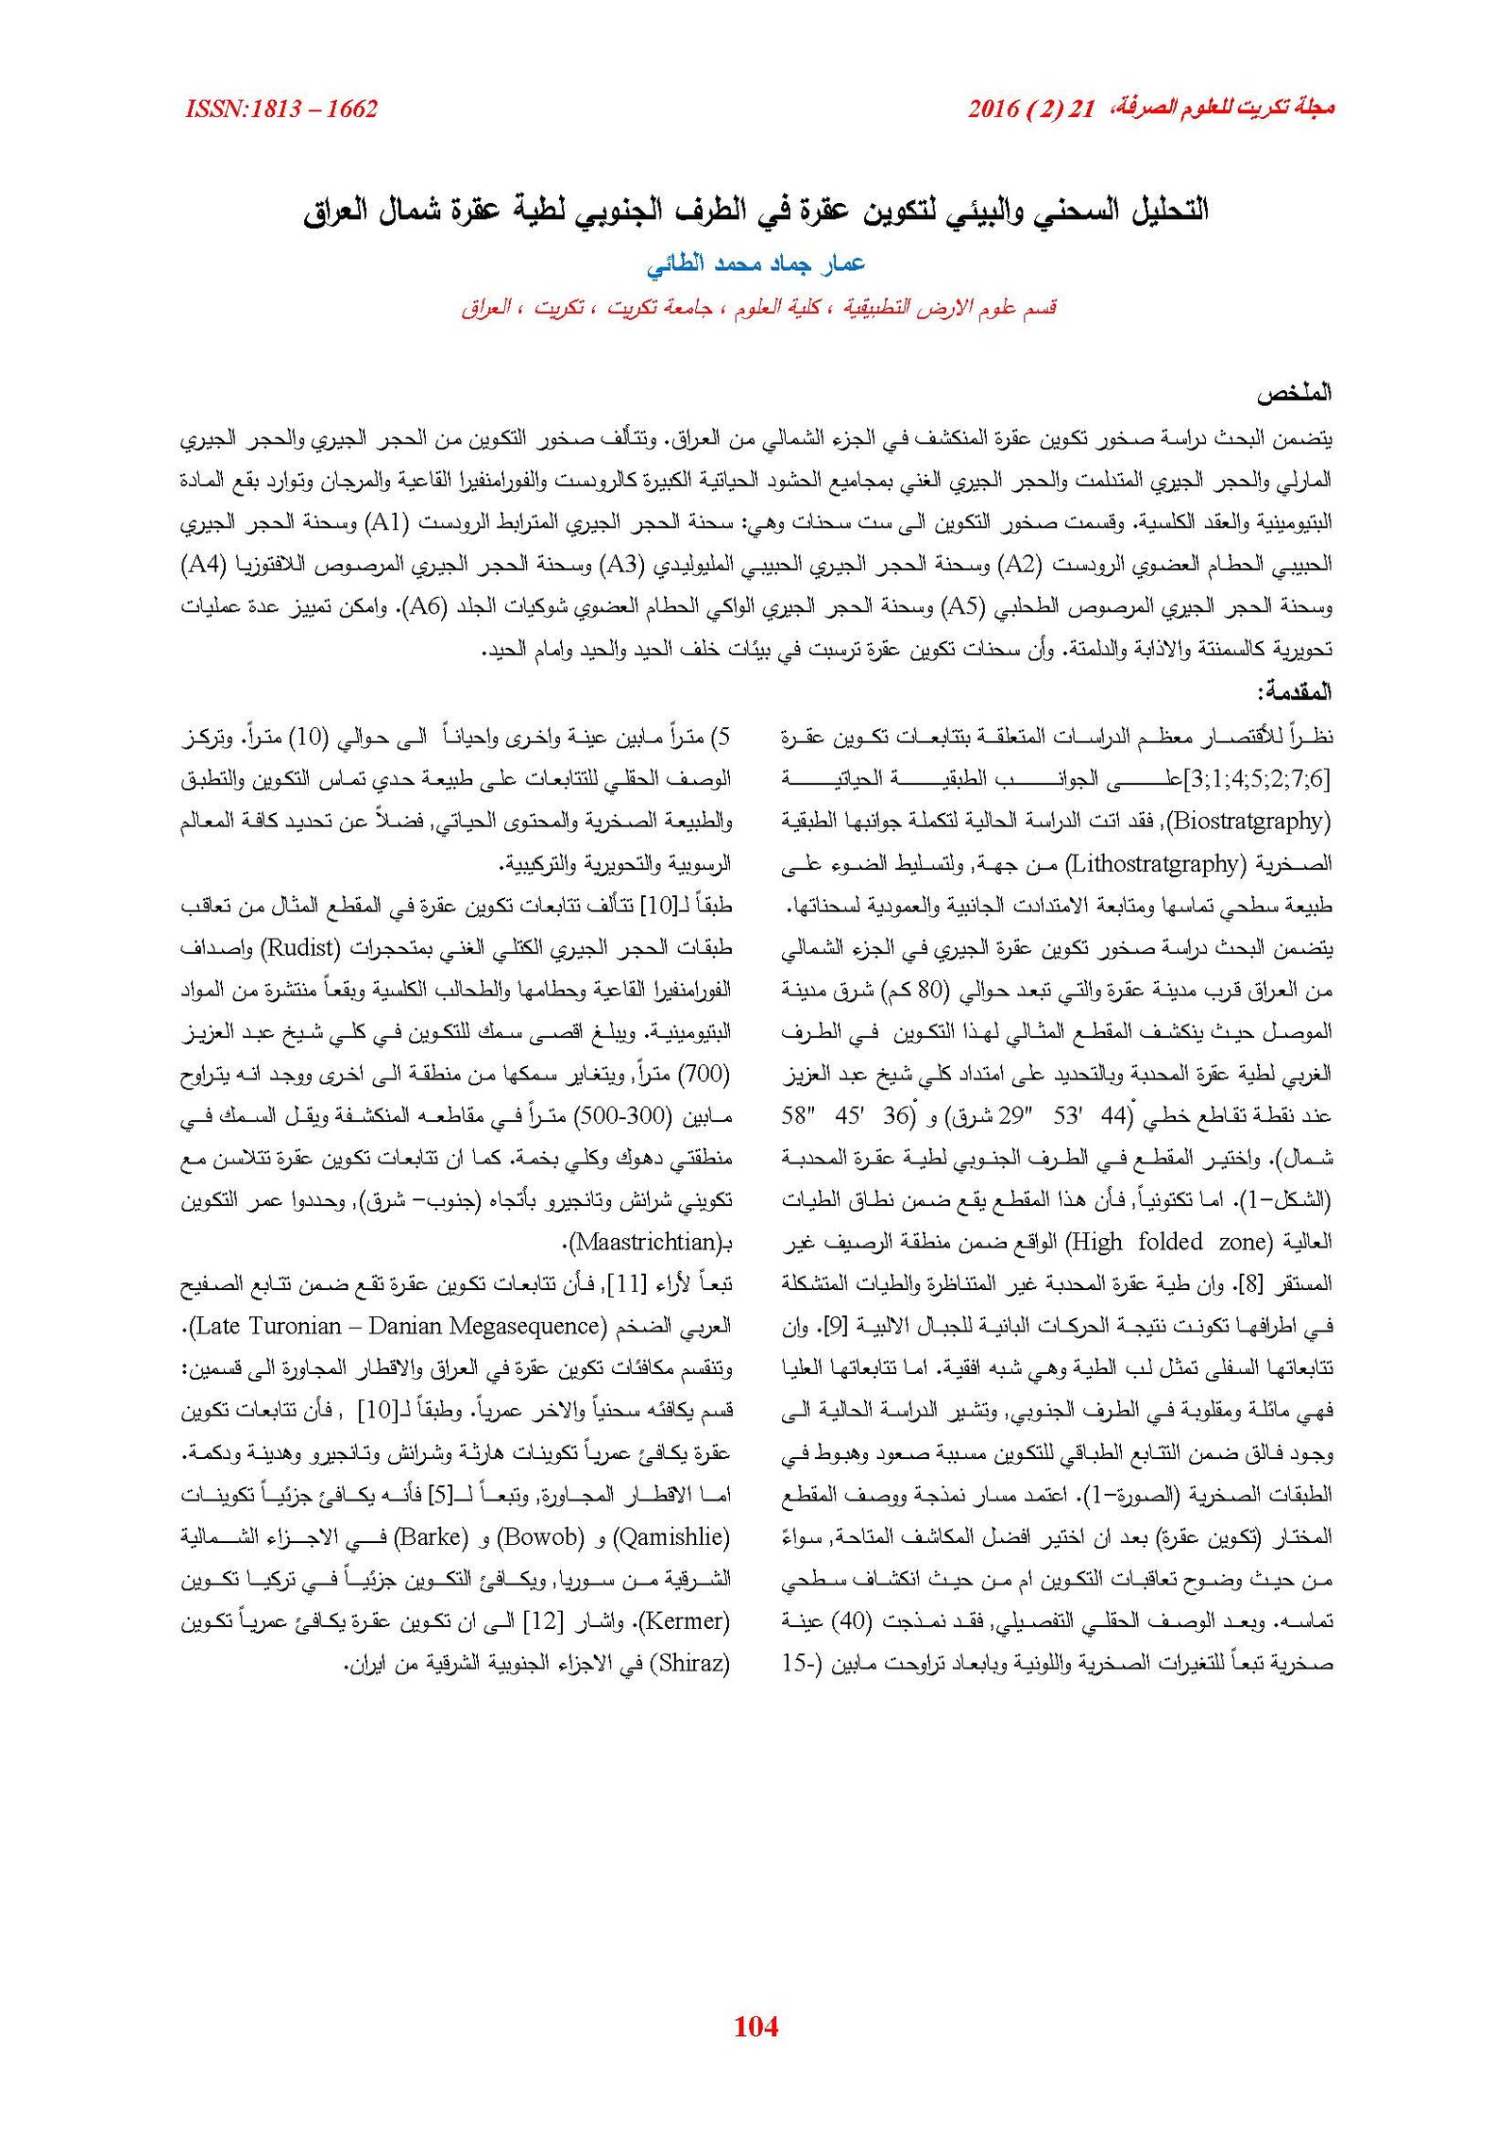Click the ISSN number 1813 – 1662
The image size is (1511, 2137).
282,110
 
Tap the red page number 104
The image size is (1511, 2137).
755,2026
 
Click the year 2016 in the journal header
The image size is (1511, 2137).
994,110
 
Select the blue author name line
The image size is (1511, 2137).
755,264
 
